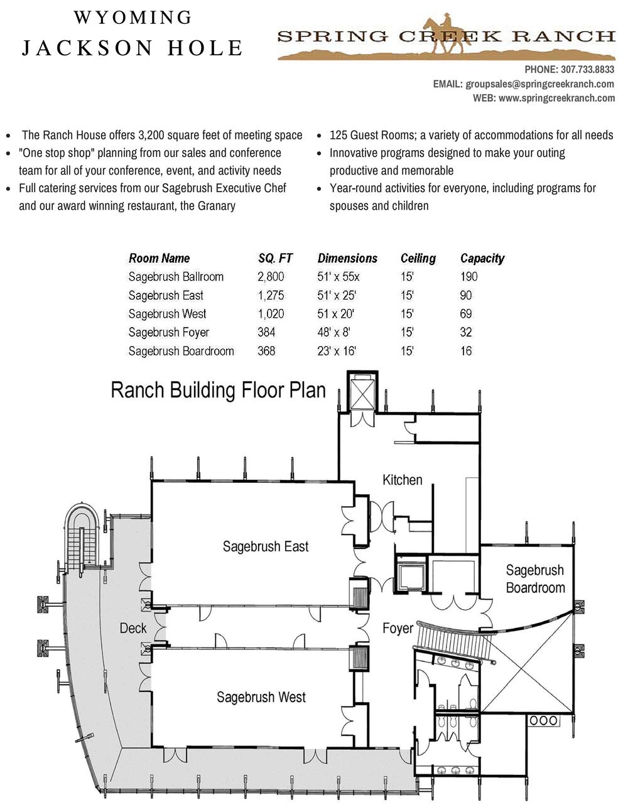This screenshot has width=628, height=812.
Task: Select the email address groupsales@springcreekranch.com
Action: (x=539, y=84)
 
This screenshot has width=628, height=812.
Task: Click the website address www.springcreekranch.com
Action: (x=556, y=98)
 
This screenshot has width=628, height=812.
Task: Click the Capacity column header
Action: (x=482, y=258)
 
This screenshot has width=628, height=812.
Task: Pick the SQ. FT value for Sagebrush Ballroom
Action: (x=271, y=276)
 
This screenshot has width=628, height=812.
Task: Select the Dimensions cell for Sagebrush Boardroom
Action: (x=336, y=351)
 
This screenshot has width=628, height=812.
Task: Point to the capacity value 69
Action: (x=466, y=313)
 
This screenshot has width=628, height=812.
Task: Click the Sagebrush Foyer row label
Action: (x=168, y=332)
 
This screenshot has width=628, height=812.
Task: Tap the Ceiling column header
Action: (x=418, y=258)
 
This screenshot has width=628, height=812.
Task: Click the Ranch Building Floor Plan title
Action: (x=218, y=390)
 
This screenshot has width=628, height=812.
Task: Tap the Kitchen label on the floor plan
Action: (x=402, y=480)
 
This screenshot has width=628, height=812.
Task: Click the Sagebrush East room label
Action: (x=265, y=546)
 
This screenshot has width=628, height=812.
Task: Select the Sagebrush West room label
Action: (x=261, y=697)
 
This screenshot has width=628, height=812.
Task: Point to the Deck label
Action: (x=133, y=628)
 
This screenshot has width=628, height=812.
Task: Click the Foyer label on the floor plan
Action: (x=398, y=628)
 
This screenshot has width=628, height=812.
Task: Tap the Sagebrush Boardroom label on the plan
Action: (x=535, y=579)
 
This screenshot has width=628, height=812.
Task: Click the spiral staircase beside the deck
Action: (x=82, y=534)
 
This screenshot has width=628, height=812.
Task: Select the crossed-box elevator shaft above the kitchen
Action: (x=362, y=394)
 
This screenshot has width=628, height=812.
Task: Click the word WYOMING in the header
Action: (x=133, y=18)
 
